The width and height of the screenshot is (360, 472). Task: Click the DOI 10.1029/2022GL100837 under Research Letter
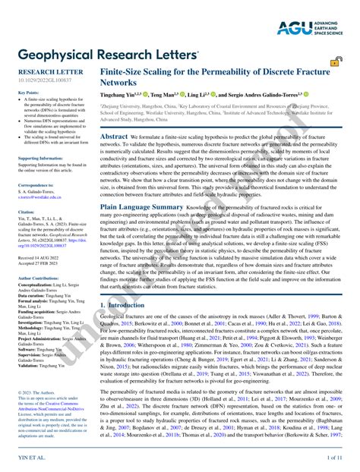[x=43, y=80]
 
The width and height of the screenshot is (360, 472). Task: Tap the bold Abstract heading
[x=114, y=136]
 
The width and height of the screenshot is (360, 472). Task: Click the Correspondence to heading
[x=36, y=184]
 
